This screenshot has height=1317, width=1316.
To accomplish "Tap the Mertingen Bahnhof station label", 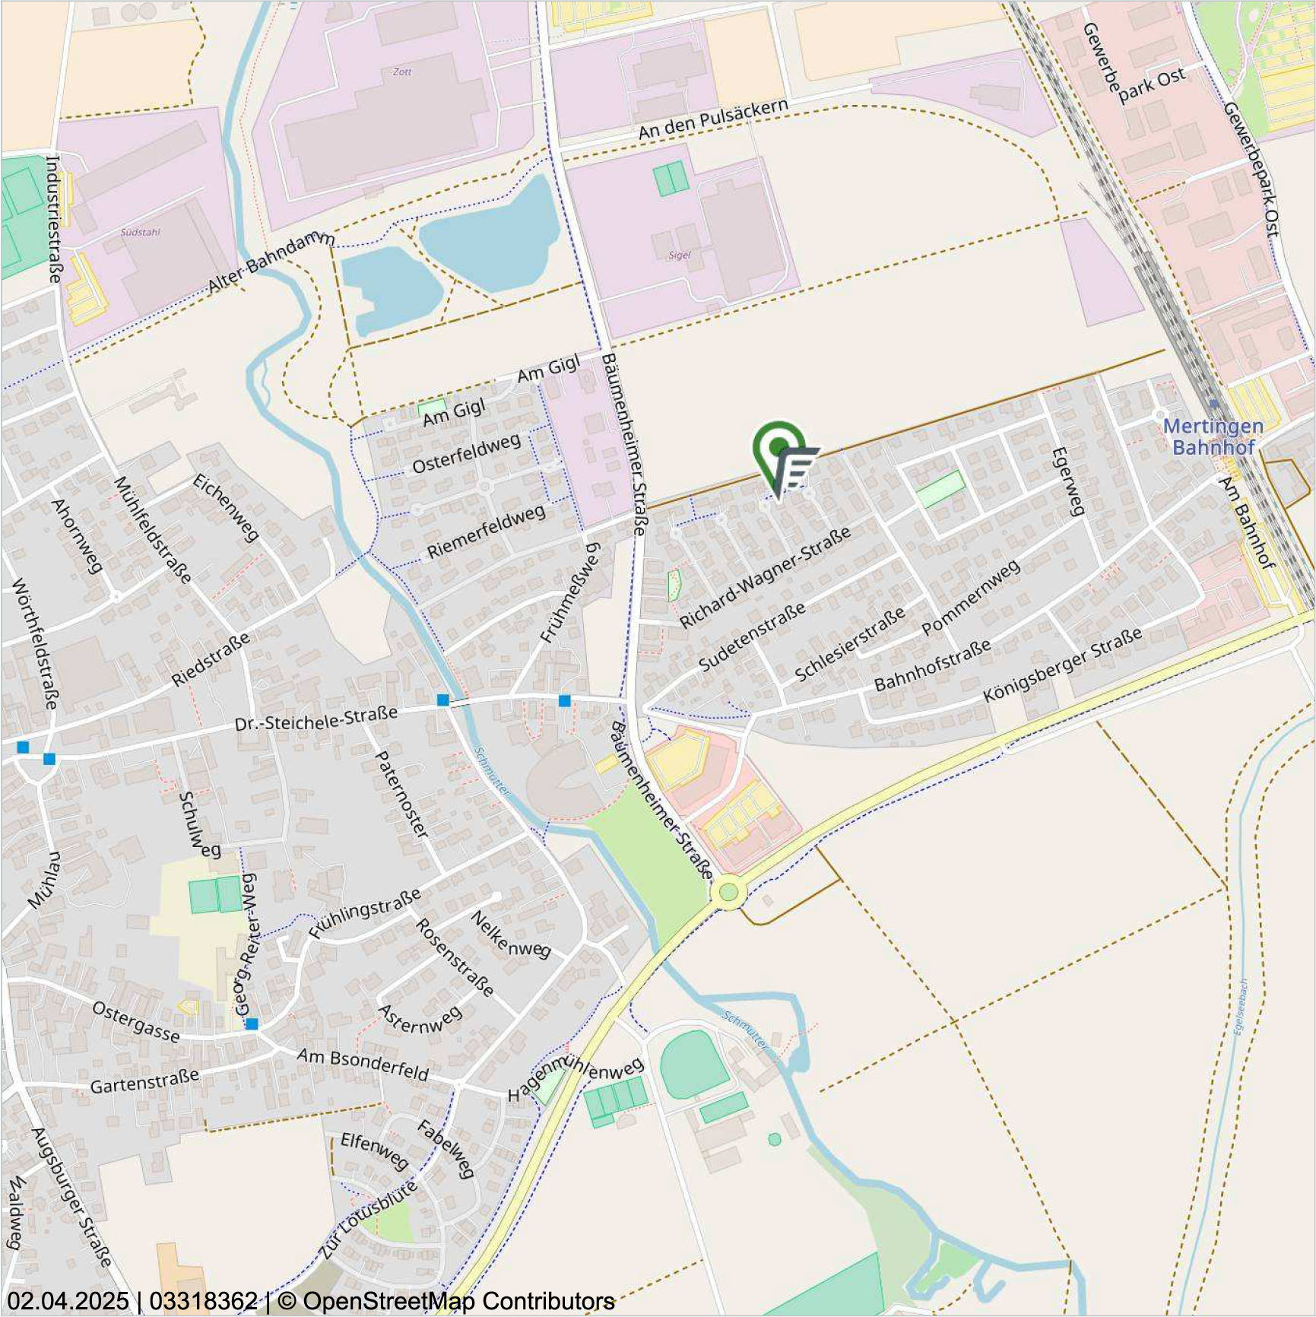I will [1213, 436].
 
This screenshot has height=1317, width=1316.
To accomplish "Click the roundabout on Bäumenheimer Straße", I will [728, 892].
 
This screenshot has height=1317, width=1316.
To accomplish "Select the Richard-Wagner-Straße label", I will [764, 578].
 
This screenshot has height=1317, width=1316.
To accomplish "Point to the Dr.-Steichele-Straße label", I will [316, 719].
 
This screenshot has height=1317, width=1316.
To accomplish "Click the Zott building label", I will [402, 72].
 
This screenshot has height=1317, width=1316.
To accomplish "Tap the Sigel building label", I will [679, 255].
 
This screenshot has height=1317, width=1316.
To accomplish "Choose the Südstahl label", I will [141, 232].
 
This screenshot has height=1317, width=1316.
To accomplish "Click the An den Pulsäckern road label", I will [712, 119].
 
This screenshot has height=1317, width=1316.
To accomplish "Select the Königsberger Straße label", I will [1062, 665].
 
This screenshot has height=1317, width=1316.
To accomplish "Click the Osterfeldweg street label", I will [466, 453].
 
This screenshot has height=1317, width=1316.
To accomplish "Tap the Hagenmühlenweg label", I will [576, 1078].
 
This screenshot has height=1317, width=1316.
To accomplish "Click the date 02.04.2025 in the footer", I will [68, 1301].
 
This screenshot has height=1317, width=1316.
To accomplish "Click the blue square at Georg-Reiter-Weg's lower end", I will [252, 1024].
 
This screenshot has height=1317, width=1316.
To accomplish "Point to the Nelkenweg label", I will [510, 935].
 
